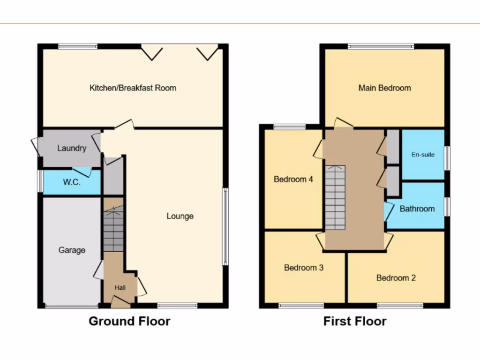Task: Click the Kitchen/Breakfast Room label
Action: click(x=133, y=88)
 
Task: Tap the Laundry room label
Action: click(x=72, y=148)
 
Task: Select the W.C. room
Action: click(x=72, y=182)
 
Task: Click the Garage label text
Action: click(x=72, y=250)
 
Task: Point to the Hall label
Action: click(x=120, y=287)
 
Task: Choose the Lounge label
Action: click(x=180, y=216)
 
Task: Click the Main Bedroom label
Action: click(x=384, y=88)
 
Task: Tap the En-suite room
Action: click(x=423, y=154)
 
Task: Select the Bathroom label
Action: click(x=417, y=209)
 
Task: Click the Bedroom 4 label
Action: click(x=293, y=179)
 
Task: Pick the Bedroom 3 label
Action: click(x=304, y=268)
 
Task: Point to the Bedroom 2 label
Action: click(x=396, y=277)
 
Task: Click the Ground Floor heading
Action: click(x=129, y=321)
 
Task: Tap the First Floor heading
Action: click(x=355, y=321)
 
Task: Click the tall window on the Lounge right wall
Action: click(x=225, y=226)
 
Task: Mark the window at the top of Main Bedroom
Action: click(x=381, y=46)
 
